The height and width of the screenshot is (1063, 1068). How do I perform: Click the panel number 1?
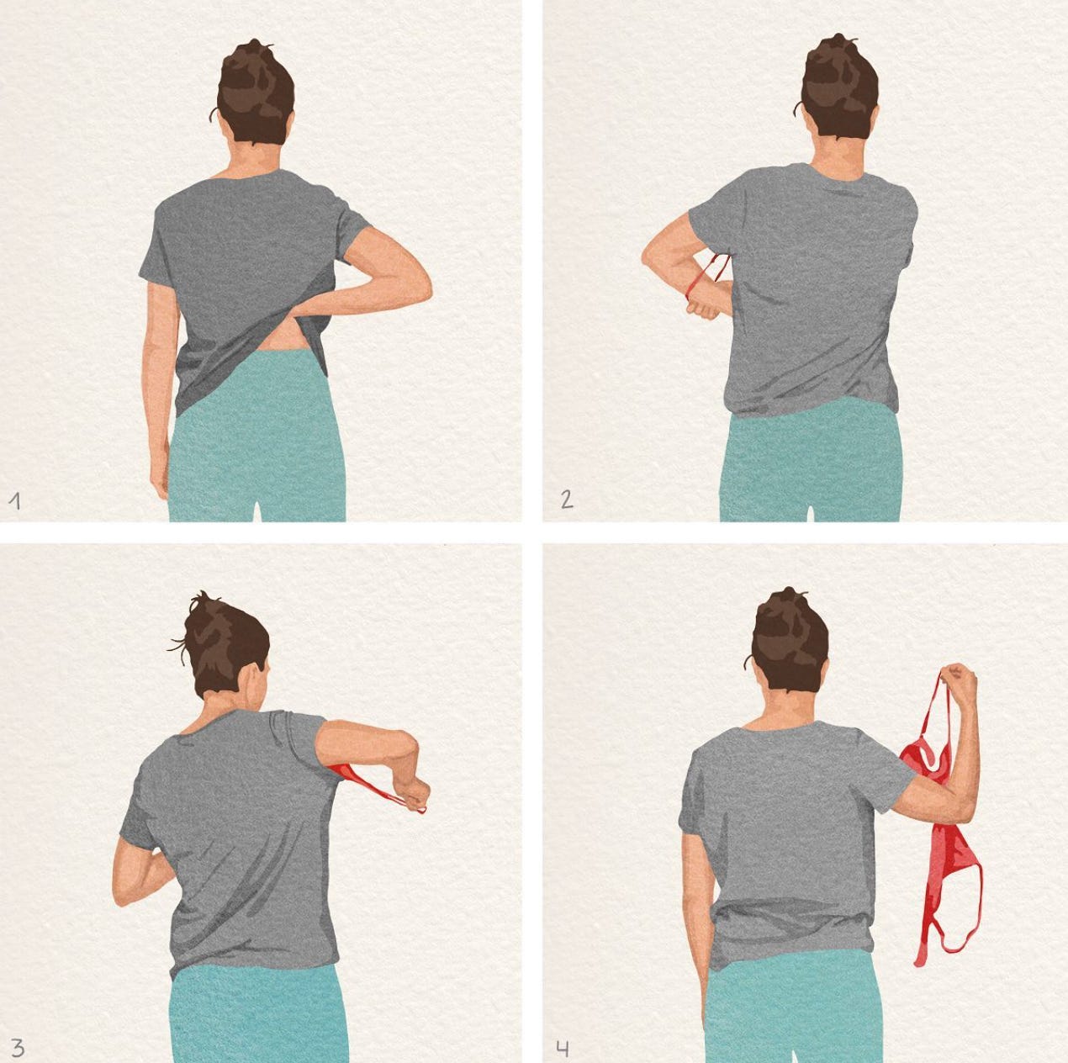click(16, 501)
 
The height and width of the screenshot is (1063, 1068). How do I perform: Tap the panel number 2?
click(567, 500)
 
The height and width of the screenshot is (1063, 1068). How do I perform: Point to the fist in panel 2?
click(704, 309)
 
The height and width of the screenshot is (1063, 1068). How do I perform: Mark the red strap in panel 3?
click(377, 785)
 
